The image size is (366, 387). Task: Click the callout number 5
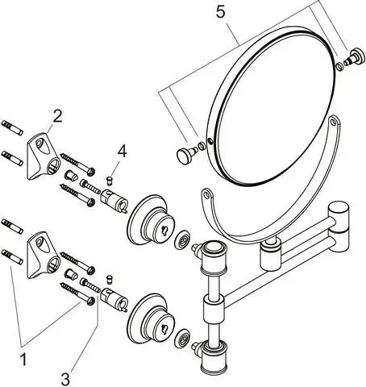220,12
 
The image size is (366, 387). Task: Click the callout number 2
57,117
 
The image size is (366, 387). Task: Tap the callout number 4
122,151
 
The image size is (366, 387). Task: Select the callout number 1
23,360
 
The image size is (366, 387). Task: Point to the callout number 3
65,379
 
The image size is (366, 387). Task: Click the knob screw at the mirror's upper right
355,57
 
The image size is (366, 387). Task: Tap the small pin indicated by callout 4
109,181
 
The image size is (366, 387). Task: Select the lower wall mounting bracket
43,255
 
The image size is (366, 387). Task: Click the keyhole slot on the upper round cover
164,230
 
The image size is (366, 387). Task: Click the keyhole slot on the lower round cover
164,328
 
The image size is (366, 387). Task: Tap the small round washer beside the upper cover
182,239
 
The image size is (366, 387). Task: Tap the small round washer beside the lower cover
182,337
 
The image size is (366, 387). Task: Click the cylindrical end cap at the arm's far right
339,227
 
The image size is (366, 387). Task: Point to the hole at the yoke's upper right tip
333,123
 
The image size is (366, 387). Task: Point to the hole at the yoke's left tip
206,193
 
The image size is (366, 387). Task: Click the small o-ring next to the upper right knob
339,67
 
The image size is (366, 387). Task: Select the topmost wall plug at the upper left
12,127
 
